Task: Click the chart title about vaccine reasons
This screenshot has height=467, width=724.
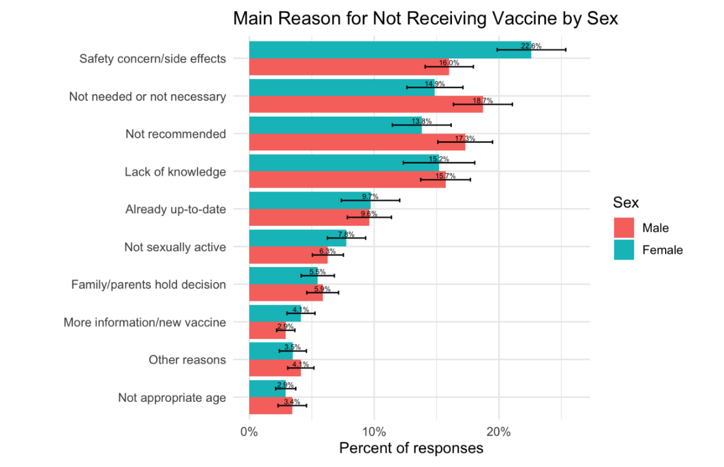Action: pos(426,19)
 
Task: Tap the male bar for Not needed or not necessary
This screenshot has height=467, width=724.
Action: pos(366,104)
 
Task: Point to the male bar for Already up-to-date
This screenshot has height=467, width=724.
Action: pos(309,217)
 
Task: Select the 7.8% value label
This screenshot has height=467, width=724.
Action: pos(346,234)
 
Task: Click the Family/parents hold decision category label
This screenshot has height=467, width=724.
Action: pos(149,284)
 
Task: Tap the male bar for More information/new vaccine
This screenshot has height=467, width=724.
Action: pos(267,330)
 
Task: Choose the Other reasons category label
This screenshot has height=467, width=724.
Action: pos(187,360)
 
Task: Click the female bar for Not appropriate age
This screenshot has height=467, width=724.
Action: pos(267,389)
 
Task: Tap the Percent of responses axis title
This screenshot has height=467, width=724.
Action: pos(411,448)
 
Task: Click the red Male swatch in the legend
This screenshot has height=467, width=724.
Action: pos(624,227)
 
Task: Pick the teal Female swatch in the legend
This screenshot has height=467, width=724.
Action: pos(624,250)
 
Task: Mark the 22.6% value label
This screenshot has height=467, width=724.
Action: pos(531,46)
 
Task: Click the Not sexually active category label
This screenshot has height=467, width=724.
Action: pos(175,247)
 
